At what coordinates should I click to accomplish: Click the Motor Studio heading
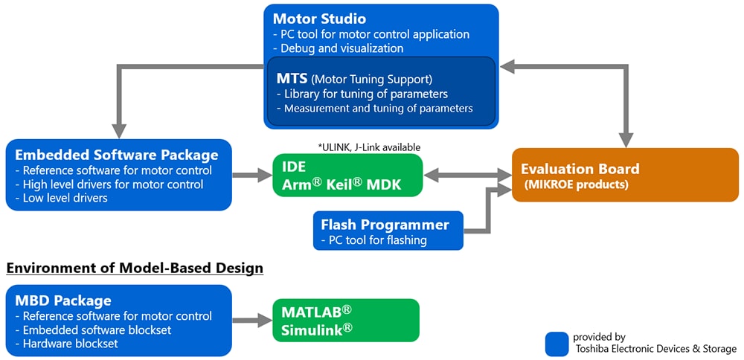pyautogui.click(x=319, y=19)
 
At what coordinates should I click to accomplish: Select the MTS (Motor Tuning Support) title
pyautogui.click(x=353, y=78)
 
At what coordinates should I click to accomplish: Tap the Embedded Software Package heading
pyautogui.click(x=117, y=155)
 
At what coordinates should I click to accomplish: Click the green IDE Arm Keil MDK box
pyautogui.click(x=347, y=176)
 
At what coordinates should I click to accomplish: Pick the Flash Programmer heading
pyautogui.click(x=385, y=224)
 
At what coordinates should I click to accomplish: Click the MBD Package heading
pyautogui.click(x=63, y=300)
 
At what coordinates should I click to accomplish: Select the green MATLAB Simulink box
pyautogui.click(x=346, y=321)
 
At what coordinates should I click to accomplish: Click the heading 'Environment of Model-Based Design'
pyautogui.click(x=135, y=268)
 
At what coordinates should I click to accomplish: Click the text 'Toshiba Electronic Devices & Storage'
pyautogui.click(x=655, y=349)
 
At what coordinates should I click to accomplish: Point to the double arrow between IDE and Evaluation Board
pyautogui.click(x=466, y=176)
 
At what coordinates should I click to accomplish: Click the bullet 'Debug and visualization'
pyautogui.click(x=343, y=48)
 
